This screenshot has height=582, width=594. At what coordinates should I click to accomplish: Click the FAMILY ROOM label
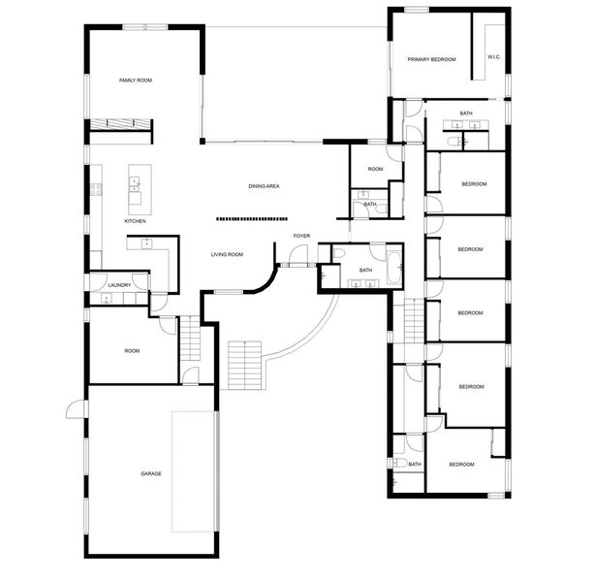coord(136,81)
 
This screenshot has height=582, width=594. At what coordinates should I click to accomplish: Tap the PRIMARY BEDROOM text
coord(431,59)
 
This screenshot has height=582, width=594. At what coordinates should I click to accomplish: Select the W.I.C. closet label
coord(493,57)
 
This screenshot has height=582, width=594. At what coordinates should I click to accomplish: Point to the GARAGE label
coord(151,473)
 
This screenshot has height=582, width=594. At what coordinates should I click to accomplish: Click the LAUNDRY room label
coord(119,285)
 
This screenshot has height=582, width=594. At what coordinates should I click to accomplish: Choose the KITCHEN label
coord(135,221)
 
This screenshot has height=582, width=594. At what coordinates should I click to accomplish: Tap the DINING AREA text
coord(264,186)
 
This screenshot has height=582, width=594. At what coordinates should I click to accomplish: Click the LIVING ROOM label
coord(227,254)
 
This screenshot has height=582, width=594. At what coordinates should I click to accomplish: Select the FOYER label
coord(301,236)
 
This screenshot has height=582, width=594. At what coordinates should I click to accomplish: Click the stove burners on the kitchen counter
coord(96,189)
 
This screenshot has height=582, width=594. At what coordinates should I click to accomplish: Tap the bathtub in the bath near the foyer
coord(393,268)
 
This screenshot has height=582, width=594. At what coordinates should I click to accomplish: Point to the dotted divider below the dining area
coord(252,219)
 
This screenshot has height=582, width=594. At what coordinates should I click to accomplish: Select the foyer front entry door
coord(298,255)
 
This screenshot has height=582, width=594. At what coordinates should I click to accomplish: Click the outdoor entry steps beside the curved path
coord(245,366)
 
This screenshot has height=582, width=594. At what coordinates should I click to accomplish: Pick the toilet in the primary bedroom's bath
coord(453,142)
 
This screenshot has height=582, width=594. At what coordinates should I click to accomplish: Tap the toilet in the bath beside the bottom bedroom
coord(400,463)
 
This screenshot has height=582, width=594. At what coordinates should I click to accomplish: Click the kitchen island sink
coord(134,184)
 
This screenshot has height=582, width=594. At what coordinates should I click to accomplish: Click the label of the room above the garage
coord(132,351)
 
